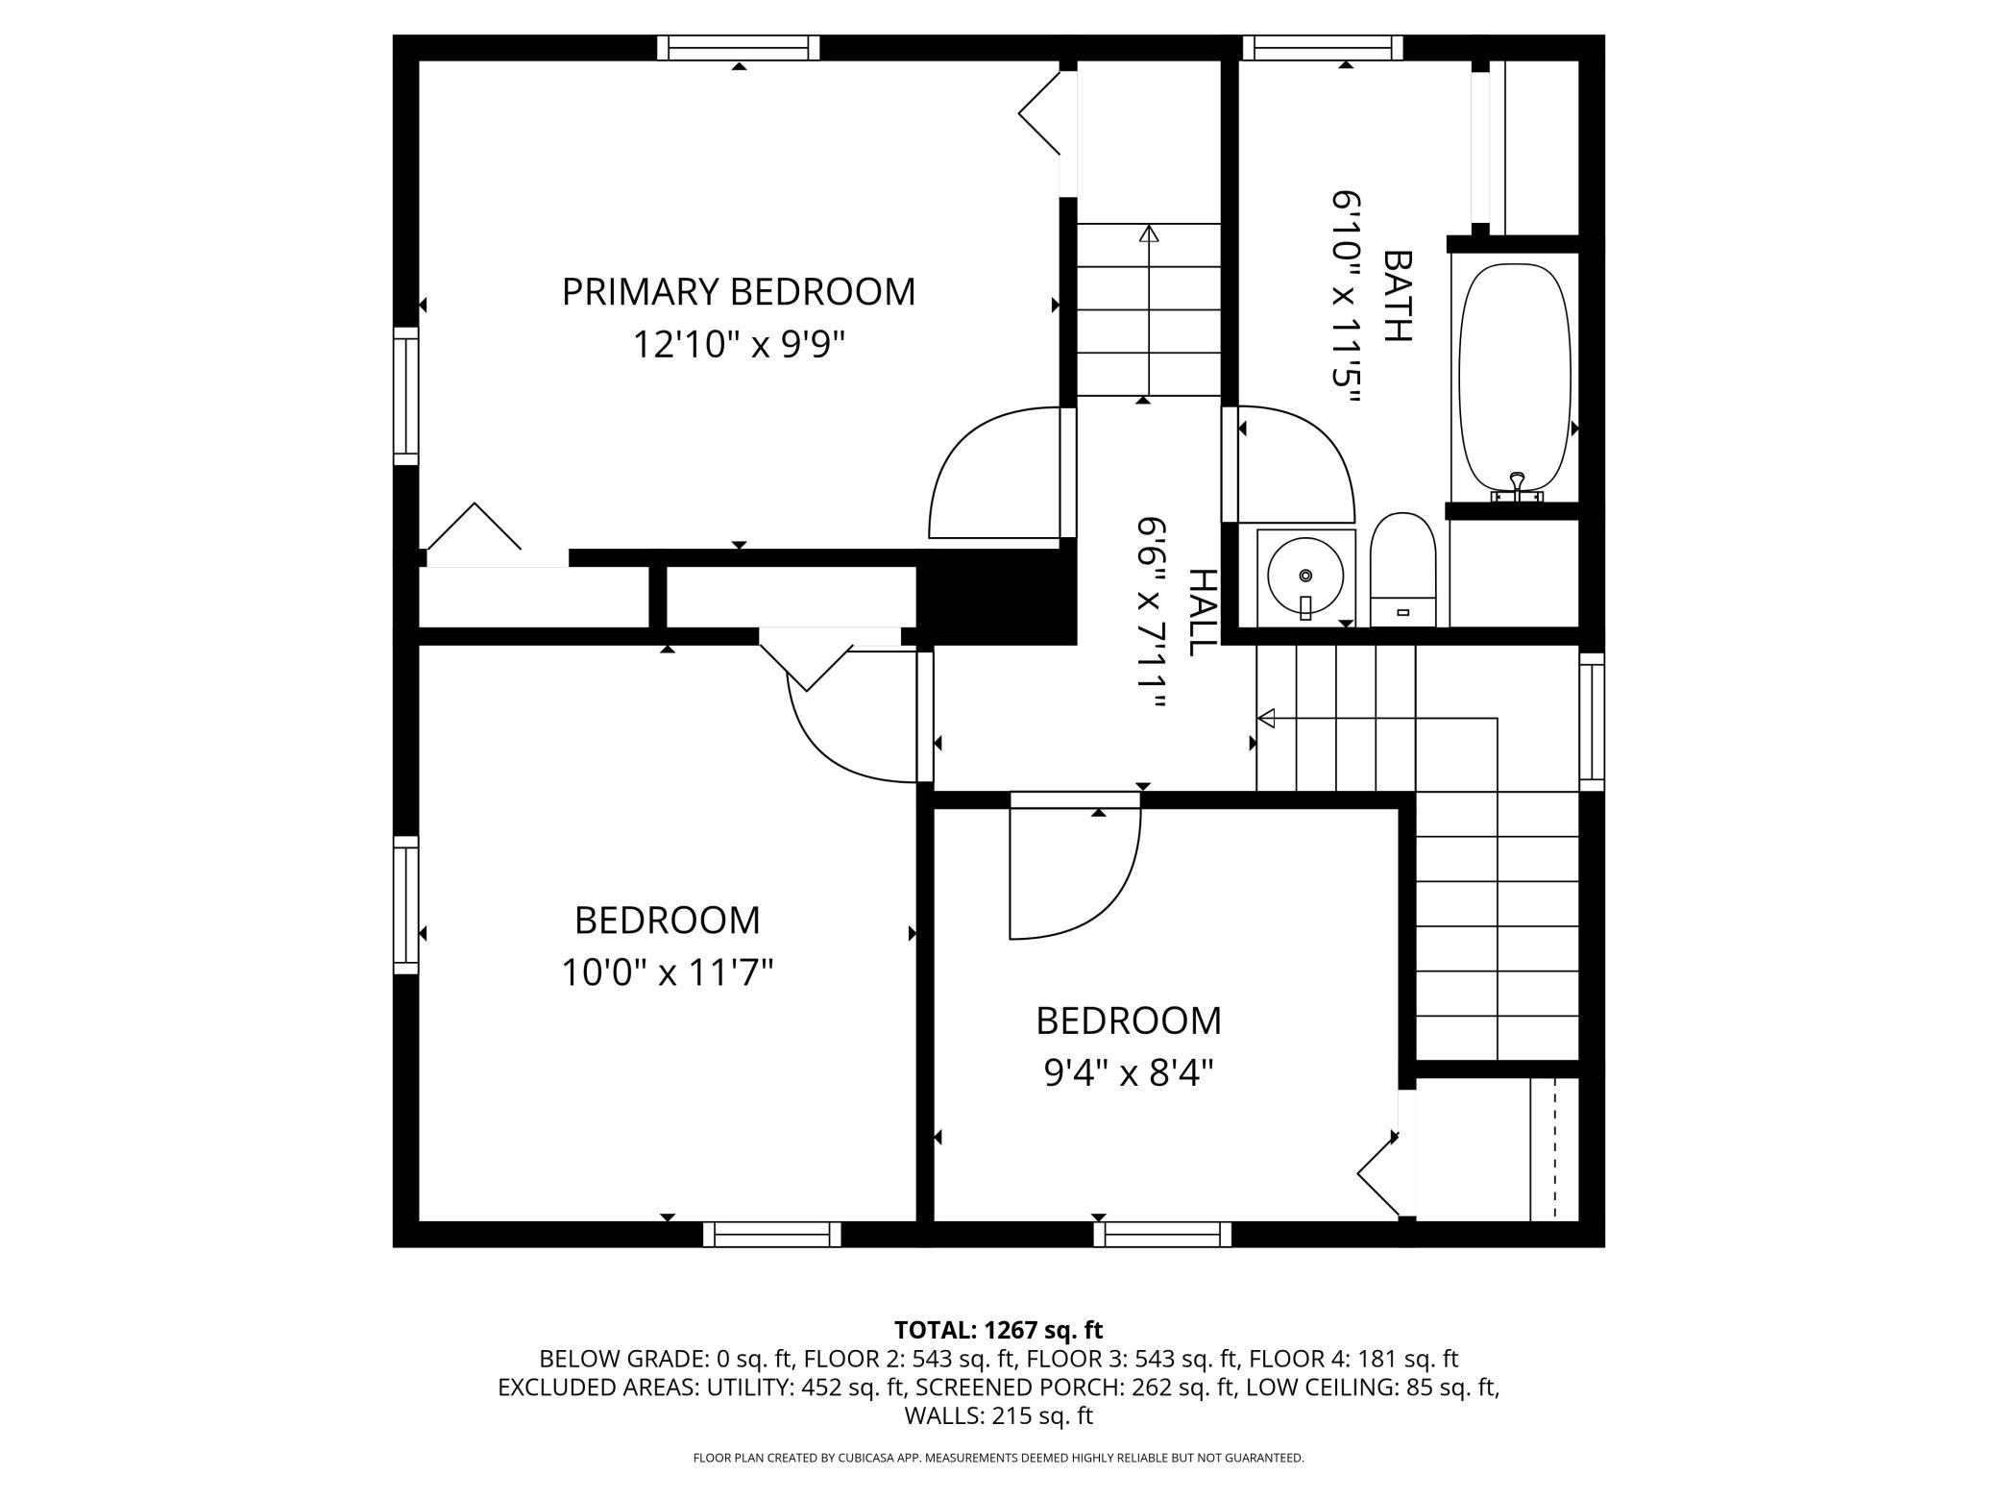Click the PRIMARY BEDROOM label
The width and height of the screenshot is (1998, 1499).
point(738,291)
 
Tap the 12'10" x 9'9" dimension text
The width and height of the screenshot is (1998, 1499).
point(738,344)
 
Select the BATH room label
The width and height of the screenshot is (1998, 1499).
point(1398,296)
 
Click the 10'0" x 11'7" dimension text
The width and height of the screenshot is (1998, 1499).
point(668,973)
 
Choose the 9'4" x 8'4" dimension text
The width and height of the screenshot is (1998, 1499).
point(1129,1072)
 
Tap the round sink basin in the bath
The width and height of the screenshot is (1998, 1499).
point(1304,576)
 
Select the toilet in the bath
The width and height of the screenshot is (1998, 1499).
point(1402,569)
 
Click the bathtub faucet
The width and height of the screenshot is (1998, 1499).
point(1517,487)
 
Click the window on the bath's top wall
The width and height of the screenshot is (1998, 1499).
point(1323,48)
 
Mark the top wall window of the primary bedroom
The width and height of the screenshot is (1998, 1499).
point(739,48)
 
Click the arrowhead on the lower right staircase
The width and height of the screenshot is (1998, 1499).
point(1266,718)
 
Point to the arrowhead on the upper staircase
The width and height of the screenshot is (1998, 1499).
point(1149,233)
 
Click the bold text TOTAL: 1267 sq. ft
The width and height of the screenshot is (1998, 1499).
point(999,1330)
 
